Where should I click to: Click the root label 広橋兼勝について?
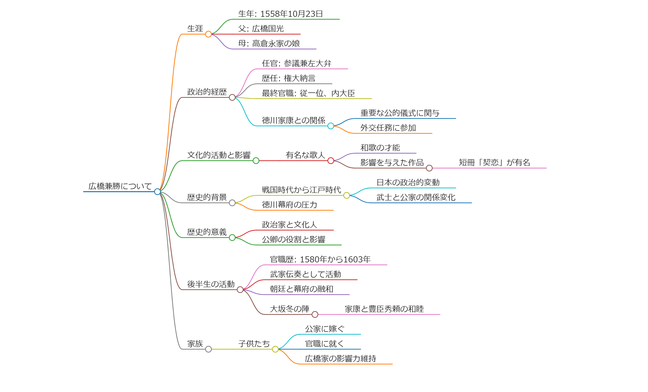coord(120,186)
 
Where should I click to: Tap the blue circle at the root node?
coord(157,192)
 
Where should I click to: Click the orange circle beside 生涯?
coord(208,34)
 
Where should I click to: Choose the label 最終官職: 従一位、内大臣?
coord(308,93)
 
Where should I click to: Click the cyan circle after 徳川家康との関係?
coord(331,126)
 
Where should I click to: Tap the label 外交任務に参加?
coord(388,128)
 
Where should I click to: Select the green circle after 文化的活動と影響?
coord(256,161)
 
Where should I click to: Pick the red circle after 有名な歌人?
coord(331,161)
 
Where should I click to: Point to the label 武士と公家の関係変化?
coord(416,197)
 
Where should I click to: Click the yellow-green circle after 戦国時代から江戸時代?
coord(347,195)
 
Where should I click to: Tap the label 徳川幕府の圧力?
coord(289,205)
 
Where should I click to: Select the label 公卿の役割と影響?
coord(293,240)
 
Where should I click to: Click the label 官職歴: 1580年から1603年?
coord(320,259)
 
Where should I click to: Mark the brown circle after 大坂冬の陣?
coord(315,314)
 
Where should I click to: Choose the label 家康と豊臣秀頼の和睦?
coord(384,309)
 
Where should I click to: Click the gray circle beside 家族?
coord(208,349)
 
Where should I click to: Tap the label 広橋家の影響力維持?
coord(340,359)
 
